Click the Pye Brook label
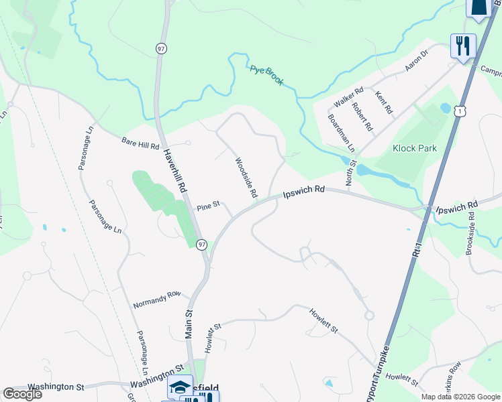[266, 75]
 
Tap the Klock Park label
[414, 148]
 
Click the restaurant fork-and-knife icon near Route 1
[463, 46]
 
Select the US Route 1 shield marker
[459, 111]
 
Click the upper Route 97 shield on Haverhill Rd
[160, 48]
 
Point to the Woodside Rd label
[246, 178]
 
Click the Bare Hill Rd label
[140, 143]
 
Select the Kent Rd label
[384, 102]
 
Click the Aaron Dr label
[416, 62]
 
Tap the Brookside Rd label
[470, 234]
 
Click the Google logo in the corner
[22, 394]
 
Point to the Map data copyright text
[460, 397]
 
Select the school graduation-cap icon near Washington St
[180, 388]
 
